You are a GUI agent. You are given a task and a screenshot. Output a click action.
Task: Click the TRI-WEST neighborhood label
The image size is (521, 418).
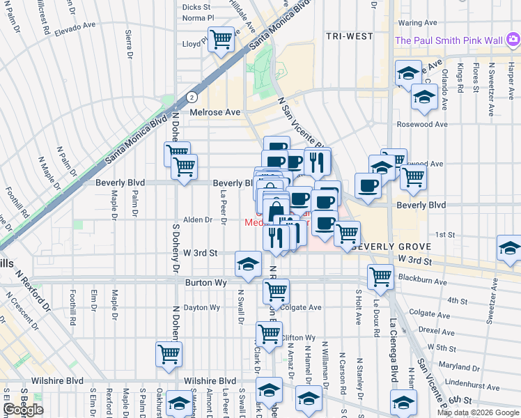(349, 36)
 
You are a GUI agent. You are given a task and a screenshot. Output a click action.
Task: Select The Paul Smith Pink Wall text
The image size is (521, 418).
(449, 40)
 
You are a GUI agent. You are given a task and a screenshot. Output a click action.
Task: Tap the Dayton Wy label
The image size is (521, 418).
(202, 307)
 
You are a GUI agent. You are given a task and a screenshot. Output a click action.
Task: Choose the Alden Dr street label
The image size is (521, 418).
(197, 219)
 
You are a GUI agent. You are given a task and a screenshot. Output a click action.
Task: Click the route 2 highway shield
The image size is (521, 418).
(190, 98)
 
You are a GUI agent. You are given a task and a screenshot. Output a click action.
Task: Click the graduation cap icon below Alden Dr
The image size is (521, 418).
(247, 263)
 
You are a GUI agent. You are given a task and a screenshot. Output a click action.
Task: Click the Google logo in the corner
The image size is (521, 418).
(23, 410)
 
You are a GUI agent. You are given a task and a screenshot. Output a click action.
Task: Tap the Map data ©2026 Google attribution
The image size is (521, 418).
(477, 412)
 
